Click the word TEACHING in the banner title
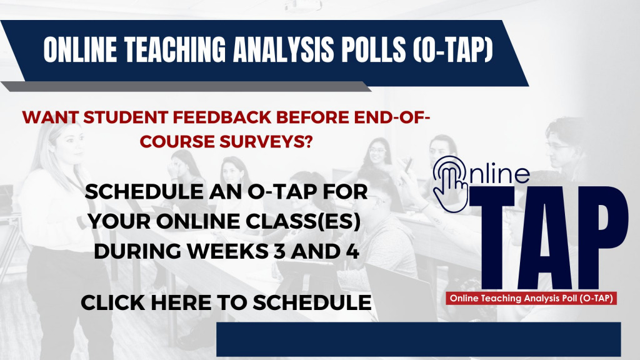(x=175, y=49)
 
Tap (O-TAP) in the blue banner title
(x=452, y=49)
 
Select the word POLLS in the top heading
(x=371, y=49)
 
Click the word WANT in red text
(x=50, y=117)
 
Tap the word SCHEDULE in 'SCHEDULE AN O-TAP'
(x=144, y=191)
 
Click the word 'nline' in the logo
(x=499, y=173)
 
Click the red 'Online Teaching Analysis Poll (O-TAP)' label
(x=531, y=298)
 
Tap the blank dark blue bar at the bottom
(x=418, y=339)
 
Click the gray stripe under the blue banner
(x=186, y=86)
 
